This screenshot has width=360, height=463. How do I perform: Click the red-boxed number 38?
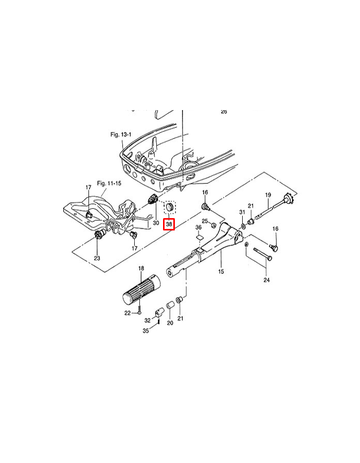click(169, 224)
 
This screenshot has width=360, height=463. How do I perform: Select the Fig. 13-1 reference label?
click(121, 134)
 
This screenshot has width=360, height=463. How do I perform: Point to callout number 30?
click(155, 223)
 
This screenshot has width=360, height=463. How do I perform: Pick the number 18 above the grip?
click(141, 269)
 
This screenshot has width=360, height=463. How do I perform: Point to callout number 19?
click(267, 195)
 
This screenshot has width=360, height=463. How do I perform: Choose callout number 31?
click(242, 212)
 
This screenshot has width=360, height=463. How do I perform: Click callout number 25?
click(204, 221)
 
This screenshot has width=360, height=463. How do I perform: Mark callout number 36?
click(199, 227)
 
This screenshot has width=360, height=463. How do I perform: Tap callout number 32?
click(147, 319)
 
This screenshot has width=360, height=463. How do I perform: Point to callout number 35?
click(146, 331)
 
